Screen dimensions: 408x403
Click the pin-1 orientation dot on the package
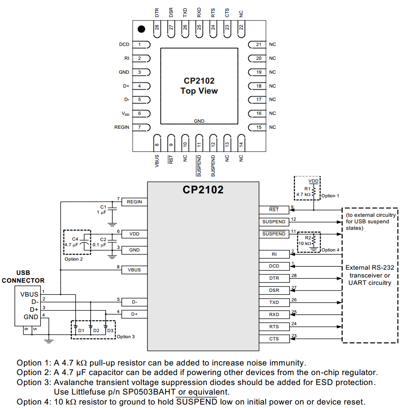tap(141, 29)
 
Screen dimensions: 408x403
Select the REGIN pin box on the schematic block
tap(134, 202)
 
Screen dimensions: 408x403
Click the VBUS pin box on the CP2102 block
tap(134, 270)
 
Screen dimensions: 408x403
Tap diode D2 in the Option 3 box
tap(91, 327)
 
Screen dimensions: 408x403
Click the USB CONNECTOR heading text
tap(23, 277)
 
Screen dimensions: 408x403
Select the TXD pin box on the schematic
tap(274, 303)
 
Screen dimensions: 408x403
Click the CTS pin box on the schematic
tap(274, 339)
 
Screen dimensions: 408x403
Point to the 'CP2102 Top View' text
tap(199, 86)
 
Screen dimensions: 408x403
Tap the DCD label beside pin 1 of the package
tap(124, 45)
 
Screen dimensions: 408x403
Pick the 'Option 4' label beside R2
tap(330, 250)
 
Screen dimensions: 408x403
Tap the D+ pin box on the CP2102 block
tap(134, 313)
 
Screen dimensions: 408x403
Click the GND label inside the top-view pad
tap(199, 121)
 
